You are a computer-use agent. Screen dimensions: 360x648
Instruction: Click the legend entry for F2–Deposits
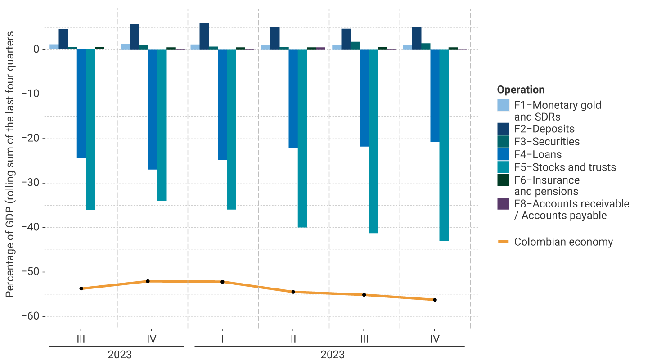click(x=544, y=129)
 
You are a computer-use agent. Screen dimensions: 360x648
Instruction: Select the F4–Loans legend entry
click(x=538, y=154)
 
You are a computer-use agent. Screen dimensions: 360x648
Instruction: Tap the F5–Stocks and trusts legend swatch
click(x=503, y=167)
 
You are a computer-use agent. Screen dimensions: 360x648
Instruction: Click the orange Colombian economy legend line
click(x=503, y=242)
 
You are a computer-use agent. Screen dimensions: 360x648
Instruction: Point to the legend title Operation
click(x=521, y=90)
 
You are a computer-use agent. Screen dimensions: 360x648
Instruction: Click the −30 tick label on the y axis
click(x=30, y=183)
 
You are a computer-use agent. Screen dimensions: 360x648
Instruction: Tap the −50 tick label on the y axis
click(x=30, y=272)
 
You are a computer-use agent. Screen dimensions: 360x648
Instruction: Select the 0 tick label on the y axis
click(x=36, y=49)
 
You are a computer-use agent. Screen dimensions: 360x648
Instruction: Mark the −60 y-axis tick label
click(x=30, y=316)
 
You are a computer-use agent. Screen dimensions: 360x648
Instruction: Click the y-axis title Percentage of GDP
click(x=10, y=165)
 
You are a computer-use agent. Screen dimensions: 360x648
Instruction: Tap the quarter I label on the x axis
click(x=222, y=338)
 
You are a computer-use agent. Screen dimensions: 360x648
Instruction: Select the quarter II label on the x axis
click(x=293, y=338)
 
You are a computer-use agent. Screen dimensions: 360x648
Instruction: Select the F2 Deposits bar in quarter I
click(x=204, y=36)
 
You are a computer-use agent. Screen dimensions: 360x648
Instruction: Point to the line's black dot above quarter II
click(x=293, y=292)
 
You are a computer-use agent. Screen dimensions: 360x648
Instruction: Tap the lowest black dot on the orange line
click(x=435, y=300)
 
